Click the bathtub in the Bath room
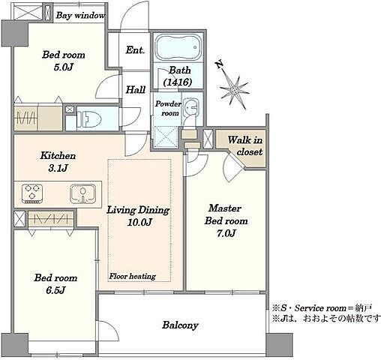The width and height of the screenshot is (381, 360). tap(178, 47)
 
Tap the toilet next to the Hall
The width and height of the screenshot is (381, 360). tap(88, 118)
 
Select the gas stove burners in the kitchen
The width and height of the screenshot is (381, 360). tap(32, 193)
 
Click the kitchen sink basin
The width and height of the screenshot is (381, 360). tap(83, 193)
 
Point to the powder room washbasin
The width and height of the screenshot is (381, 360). tap(191, 107)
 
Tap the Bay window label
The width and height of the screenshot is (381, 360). tap(80, 16)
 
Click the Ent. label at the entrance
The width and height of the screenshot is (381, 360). tap(135, 50)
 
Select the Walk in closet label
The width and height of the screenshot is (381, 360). tap(245, 145)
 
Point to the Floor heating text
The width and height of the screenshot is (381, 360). tap(133, 276)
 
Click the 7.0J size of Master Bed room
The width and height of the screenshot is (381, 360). tap(226, 233)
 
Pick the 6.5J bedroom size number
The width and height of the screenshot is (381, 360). tap(55, 290)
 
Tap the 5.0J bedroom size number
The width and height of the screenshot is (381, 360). tap(64, 67)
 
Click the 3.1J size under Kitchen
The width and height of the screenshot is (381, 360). tap(58, 168)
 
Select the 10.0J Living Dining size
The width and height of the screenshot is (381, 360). tap(139, 222)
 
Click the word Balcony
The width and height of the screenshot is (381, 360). tap(180, 325)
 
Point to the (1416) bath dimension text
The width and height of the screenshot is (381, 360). tap(178, 82)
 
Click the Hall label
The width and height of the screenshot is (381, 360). tap(136, 89)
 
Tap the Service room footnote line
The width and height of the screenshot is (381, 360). tap(322, 308)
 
